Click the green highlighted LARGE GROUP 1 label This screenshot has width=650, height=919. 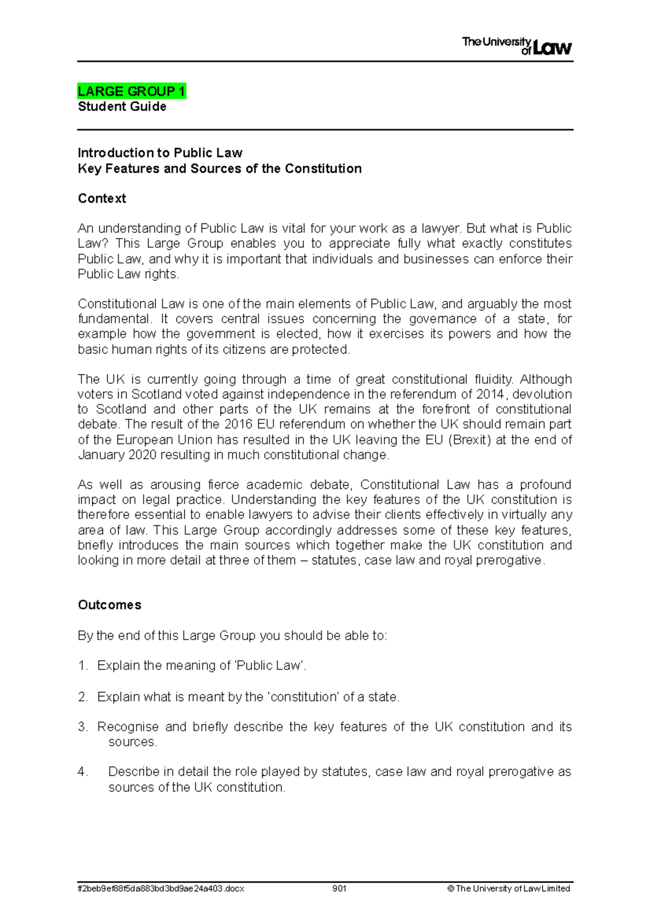pos(132,91)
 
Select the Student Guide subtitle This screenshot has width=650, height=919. pos(122,107)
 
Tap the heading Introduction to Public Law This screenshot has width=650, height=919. pos(160,153)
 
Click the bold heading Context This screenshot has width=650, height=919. pos(102,198)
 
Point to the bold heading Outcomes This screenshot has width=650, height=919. pos(109,605)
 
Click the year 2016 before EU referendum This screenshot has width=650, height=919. pos(238,424)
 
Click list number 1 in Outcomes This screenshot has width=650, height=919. pos(83,666)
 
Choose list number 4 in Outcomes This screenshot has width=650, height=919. pos(83,772)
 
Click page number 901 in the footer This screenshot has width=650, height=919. pos(339,888)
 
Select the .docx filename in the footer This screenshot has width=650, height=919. pos(161,888)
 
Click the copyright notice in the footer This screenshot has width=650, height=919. pos(509,888)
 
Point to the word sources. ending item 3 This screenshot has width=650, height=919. pos(133,742)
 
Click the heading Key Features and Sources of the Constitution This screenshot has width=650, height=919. pos(219,168)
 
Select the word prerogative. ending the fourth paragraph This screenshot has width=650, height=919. pos(510,560)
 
